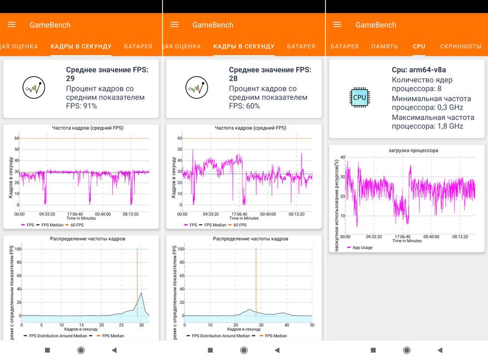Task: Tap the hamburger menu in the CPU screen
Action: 337,24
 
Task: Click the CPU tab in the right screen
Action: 419,46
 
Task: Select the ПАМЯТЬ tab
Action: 385,46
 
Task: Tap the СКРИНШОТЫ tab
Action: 461,46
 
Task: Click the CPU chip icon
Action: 359,97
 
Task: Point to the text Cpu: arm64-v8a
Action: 419,70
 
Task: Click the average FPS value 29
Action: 71,79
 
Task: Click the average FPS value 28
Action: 234,79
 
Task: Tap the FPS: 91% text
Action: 81,106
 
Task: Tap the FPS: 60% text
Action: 244,106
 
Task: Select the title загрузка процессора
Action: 413,150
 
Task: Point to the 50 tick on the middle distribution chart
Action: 311,325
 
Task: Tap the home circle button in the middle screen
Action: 244,350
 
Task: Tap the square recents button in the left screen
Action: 47,350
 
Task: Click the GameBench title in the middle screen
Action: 213,25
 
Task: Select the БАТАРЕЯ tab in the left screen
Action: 138,46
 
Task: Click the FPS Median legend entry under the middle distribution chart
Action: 275,336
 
